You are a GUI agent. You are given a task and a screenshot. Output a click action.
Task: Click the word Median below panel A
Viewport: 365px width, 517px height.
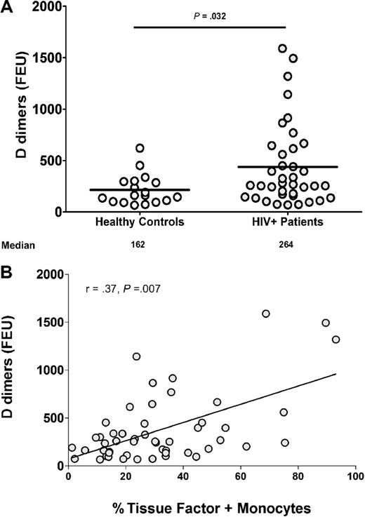coord(17,246)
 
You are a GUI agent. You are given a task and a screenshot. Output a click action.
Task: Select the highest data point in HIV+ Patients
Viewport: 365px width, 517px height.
coord(282,49)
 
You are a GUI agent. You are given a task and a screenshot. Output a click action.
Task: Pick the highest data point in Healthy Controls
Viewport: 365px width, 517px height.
coord(140,148)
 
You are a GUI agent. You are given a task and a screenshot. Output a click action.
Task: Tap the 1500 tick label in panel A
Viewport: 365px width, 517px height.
coord(46,58)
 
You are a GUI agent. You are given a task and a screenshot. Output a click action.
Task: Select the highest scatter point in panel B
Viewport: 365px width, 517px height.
coord(265,314)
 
